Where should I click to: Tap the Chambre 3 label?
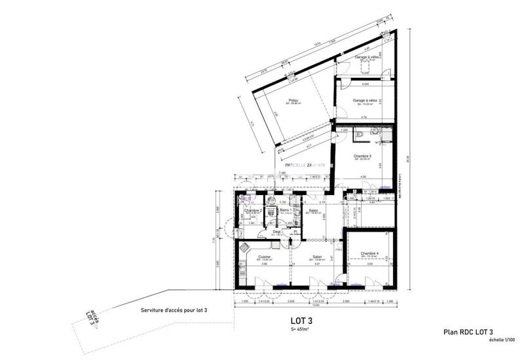(362, 156)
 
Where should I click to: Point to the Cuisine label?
(265, 257)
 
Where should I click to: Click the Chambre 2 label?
(253, 210)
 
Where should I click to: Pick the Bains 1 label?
(286, 210)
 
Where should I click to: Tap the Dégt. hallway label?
(277, 231)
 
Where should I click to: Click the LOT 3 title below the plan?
(302, 321)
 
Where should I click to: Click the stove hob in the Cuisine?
(244, 247)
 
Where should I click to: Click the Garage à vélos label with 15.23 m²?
(365, 100)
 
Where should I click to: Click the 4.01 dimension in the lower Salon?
(316, 264)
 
